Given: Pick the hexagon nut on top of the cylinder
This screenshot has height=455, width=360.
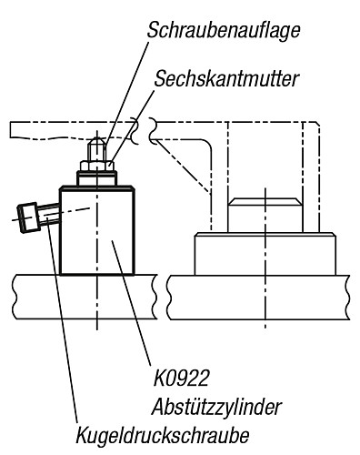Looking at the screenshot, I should pos(96,164).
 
